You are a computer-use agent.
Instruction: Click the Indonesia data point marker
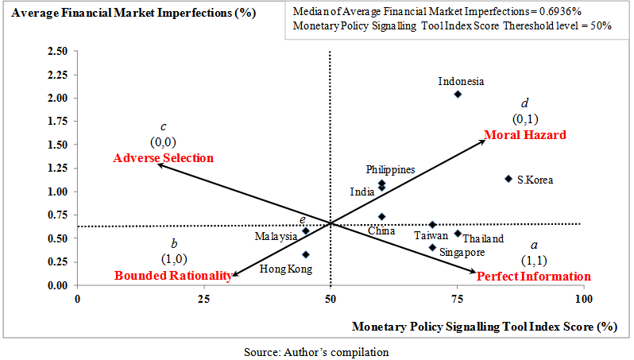point(458,95)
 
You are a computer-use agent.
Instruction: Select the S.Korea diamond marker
point(508,179)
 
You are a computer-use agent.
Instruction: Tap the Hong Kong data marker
point(306,255)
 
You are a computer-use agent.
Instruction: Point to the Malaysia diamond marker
point(306,231)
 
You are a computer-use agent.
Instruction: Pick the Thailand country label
point(483,238)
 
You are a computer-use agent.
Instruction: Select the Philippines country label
point(390,169)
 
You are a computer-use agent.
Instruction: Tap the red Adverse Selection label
point(164,158)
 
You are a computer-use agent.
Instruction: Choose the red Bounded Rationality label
point(173,276)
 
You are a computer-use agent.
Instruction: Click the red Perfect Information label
point(533,277)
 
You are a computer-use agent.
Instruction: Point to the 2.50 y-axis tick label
point(56,52)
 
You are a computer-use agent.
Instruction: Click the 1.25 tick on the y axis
point(56,168)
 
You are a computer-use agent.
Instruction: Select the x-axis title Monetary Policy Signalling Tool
point(485,325)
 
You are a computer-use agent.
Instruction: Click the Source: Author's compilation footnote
point(316,350)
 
